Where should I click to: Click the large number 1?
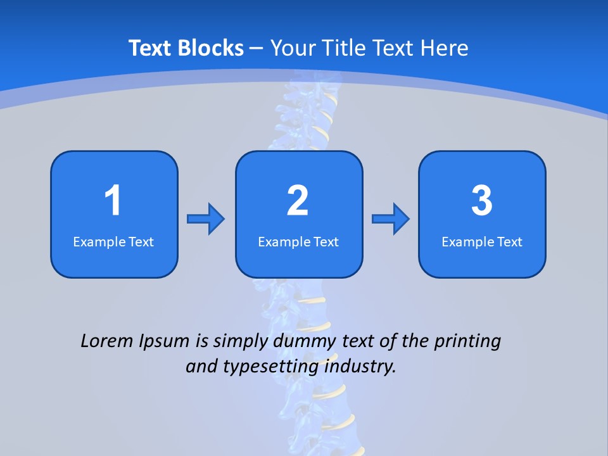pyautogui.click(x=113, y=201)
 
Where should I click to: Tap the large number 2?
pyautogui.click(x=298, y=201)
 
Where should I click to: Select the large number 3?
pyautogui.click(x=482, y=201)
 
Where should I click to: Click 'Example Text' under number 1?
pyautogui.click(x=113, y=241)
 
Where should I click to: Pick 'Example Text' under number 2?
pyautogui.click(x=298, y=241)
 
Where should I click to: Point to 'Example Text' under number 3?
pyautogui.click(x=482, y=241)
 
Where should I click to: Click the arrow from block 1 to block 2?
pyautogui.click(x=206, y=218)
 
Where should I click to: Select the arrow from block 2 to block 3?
pyautogui.click(x=391, y=218)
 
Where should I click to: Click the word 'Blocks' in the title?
pyautogui.click(x=211, y=48)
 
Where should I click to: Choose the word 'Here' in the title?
pyautogui.click(x=446, y=48)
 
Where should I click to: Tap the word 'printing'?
pyautogui.click(x=467, y=342)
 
